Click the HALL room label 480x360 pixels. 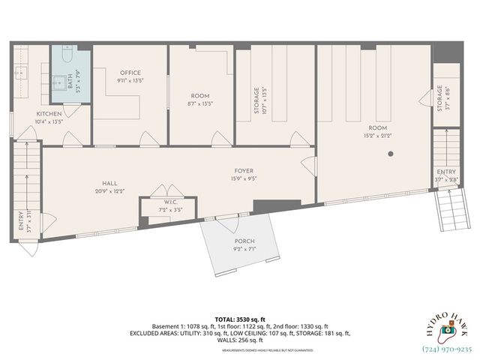(x=109, y=183)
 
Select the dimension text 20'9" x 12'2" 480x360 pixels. (x=109, y=190)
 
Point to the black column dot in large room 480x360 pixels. (x=391, y=154)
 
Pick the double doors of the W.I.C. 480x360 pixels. (x=169, y=190)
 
